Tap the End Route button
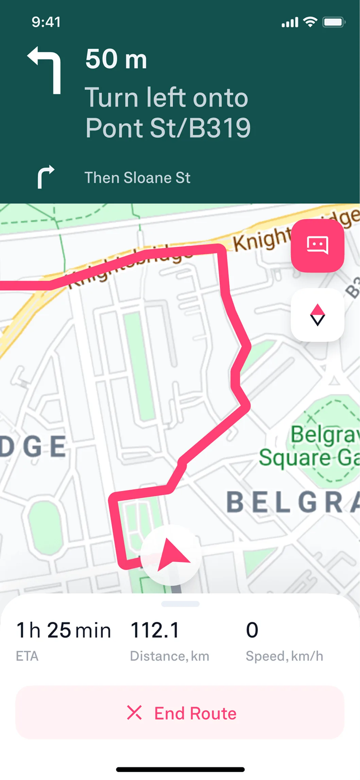pyautogui.click(x=180, y=713)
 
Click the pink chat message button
pyautogui.click(x=318, y=245)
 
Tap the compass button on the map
pyautogui.click(x=318, y=315)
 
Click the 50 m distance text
pyautogui.click(x=116, y=59)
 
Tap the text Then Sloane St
pyautogui.click(x=137, y=178)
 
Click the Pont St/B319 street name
pyautogui.click(x=168, y=128)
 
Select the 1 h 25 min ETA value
pyautogui.click(x=64, y=630)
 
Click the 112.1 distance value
pyautogui.click(x=155, y=630)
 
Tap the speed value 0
pyautogui.click(x=252, y=630)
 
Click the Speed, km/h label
pyautogui.click(x=284, y=656)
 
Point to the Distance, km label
pyautogui.click(x=169, y=656)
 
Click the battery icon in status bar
pyautogui.click(x=334, y=22)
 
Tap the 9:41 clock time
pyautogui.click(x=46, y=22)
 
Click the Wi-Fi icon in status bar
pyautogui.click(x=310, y=22)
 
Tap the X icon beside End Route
pyautogui.click(x=134, y=713)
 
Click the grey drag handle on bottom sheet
pyautogui.click(x=180, y=604)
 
